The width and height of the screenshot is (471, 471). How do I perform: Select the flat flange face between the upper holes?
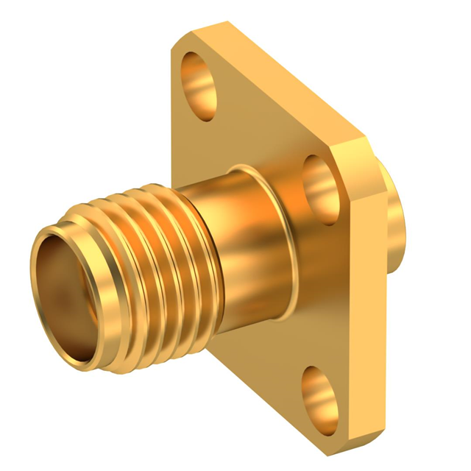(258, 125)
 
